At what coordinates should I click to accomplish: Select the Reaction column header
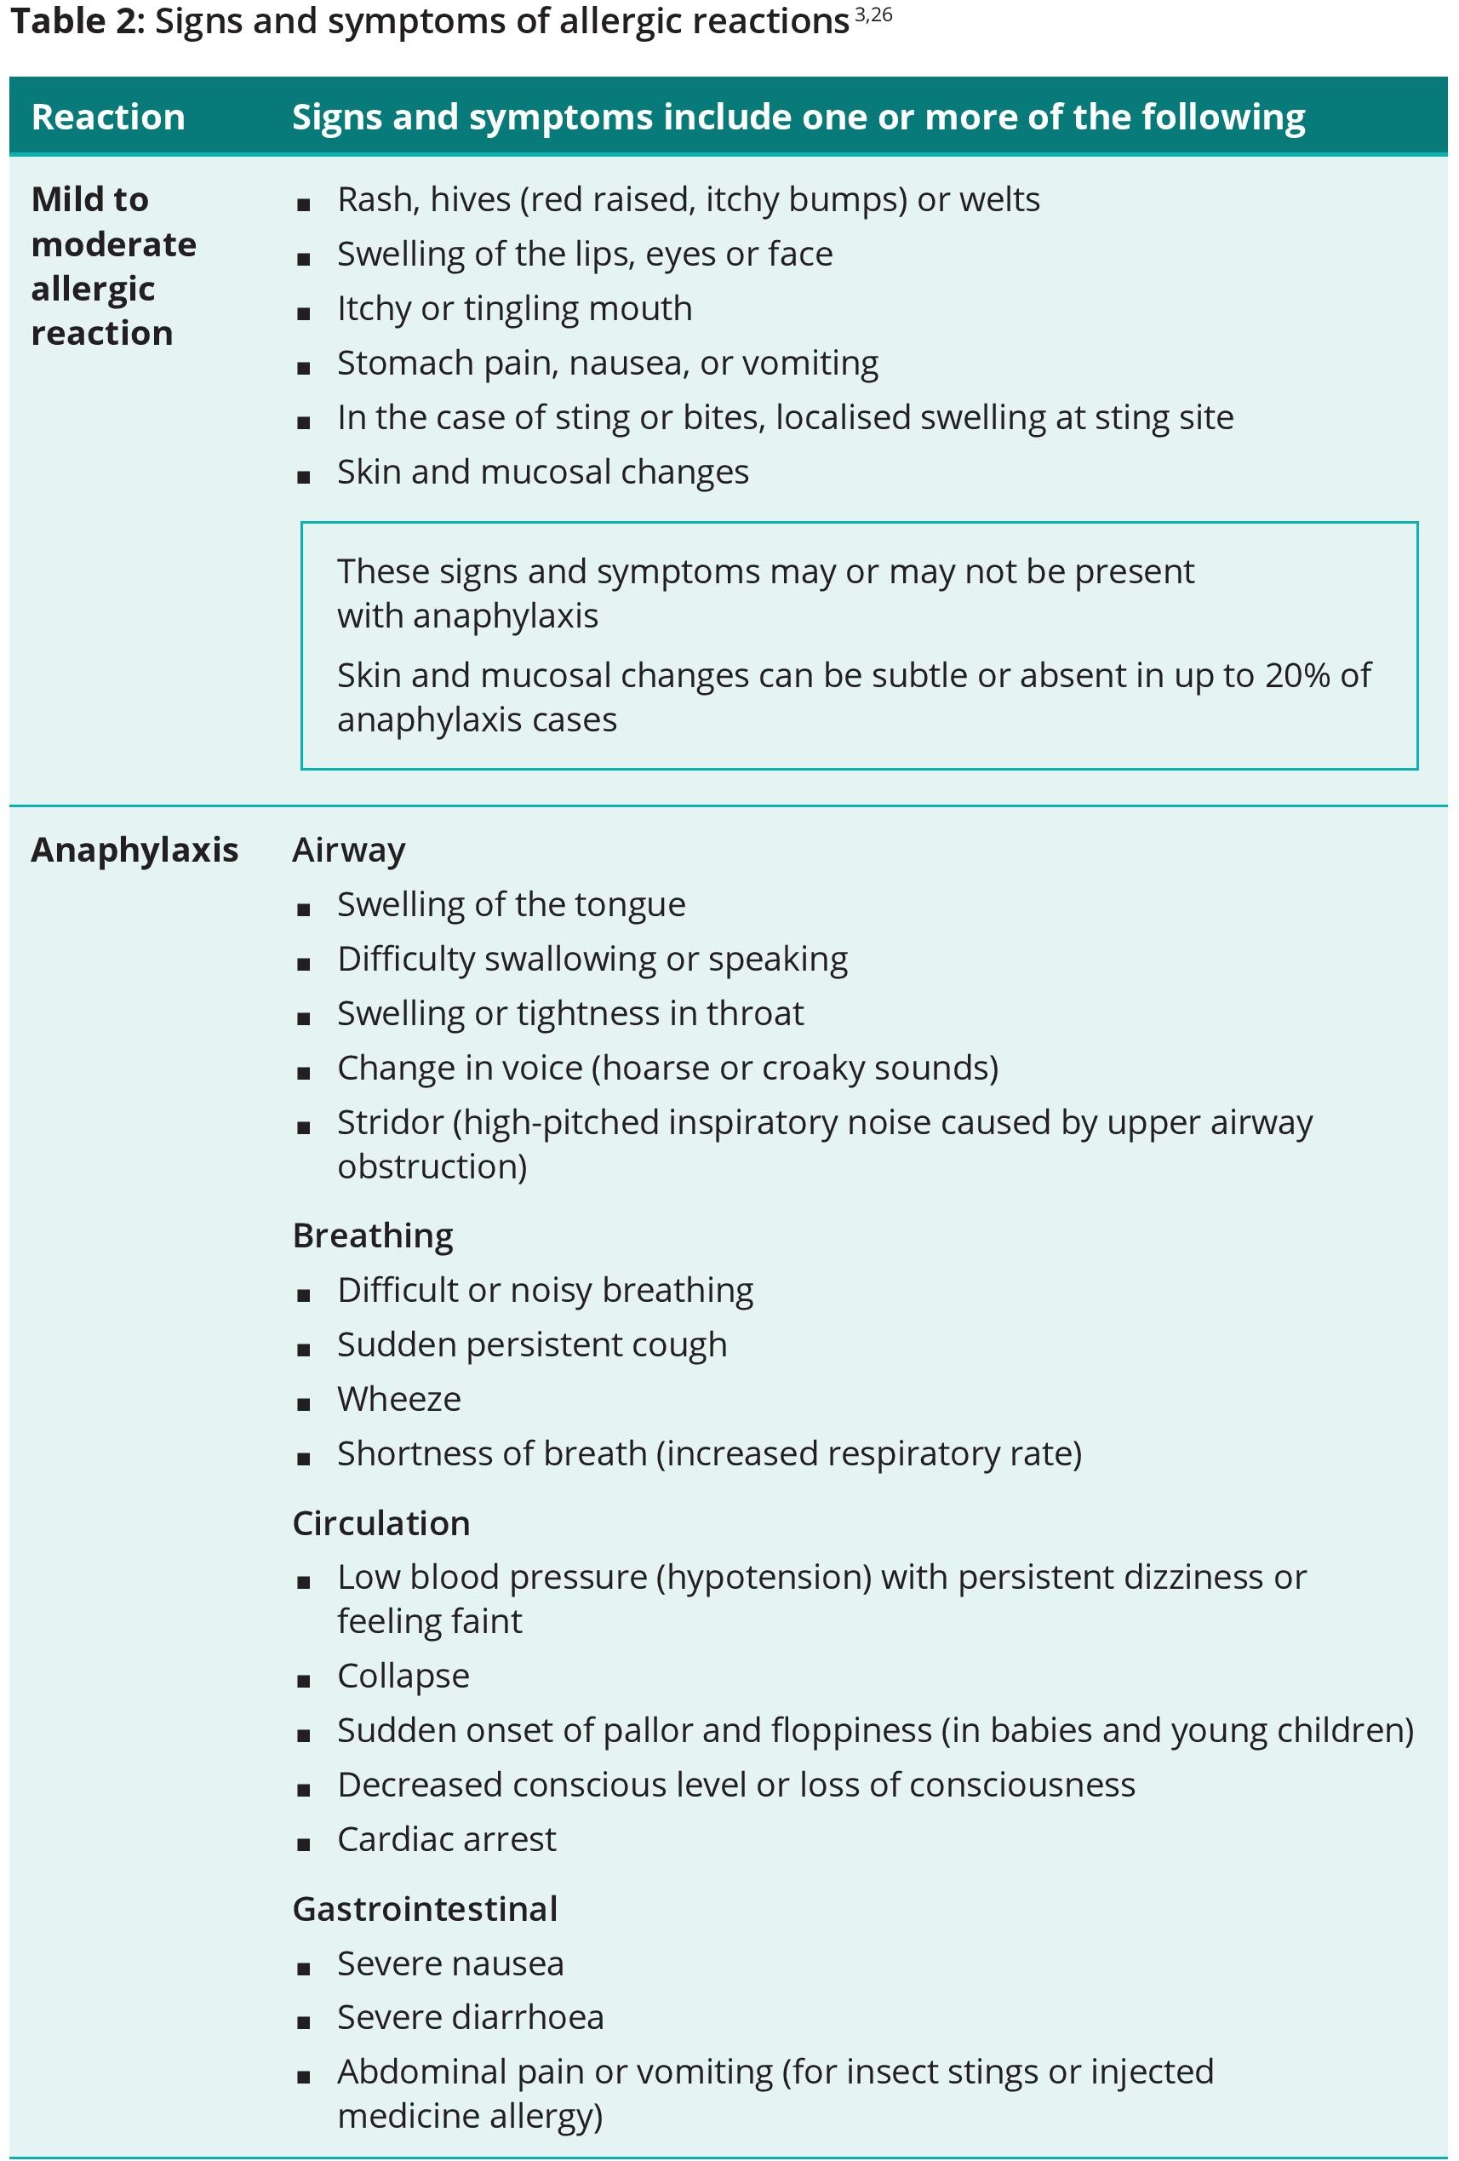click(108, 118)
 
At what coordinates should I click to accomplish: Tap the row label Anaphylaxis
click(134, 850)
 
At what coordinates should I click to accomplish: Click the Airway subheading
click(349, 850)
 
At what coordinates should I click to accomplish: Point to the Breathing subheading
click(373, 1235)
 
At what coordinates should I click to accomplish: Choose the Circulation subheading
click(381, 1523)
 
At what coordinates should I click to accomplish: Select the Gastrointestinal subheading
click(425, 1909)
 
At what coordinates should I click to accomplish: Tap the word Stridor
click(390, 1122)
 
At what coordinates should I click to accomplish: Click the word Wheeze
click(399, 1400)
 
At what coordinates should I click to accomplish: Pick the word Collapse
click(403, 1676)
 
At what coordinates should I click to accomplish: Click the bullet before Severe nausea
click(303, 1968)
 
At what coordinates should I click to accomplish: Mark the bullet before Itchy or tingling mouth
click(303, 312)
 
